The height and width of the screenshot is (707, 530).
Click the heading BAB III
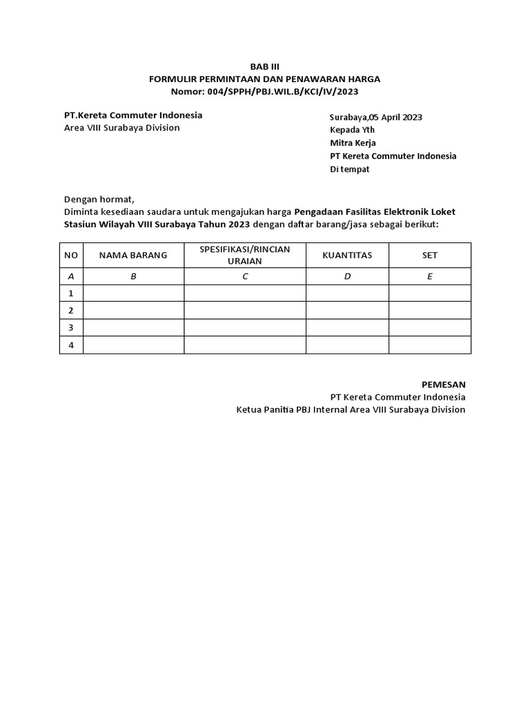coord(265,67)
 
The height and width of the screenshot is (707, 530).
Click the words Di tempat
coord(349,169)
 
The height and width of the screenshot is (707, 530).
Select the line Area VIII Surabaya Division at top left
coord(121,128)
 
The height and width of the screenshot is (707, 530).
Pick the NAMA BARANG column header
coord(133,255)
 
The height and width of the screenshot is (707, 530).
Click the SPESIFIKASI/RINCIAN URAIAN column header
coord(245,255)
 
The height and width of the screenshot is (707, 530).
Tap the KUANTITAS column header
coord(347,255)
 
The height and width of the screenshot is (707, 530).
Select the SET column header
coord(430,255)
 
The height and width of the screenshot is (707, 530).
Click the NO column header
coord(71,255)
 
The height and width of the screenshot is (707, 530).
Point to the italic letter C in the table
coord(245,276)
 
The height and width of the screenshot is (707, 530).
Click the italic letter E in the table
coord(430,276)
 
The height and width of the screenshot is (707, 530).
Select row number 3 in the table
coord(70,327)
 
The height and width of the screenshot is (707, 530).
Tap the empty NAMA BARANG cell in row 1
coord(133,293)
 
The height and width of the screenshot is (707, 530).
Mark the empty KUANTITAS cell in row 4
coord(347,345)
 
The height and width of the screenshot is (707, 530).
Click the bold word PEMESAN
coord(444,384)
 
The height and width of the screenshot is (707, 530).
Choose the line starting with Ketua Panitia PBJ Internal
coord(351,409)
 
